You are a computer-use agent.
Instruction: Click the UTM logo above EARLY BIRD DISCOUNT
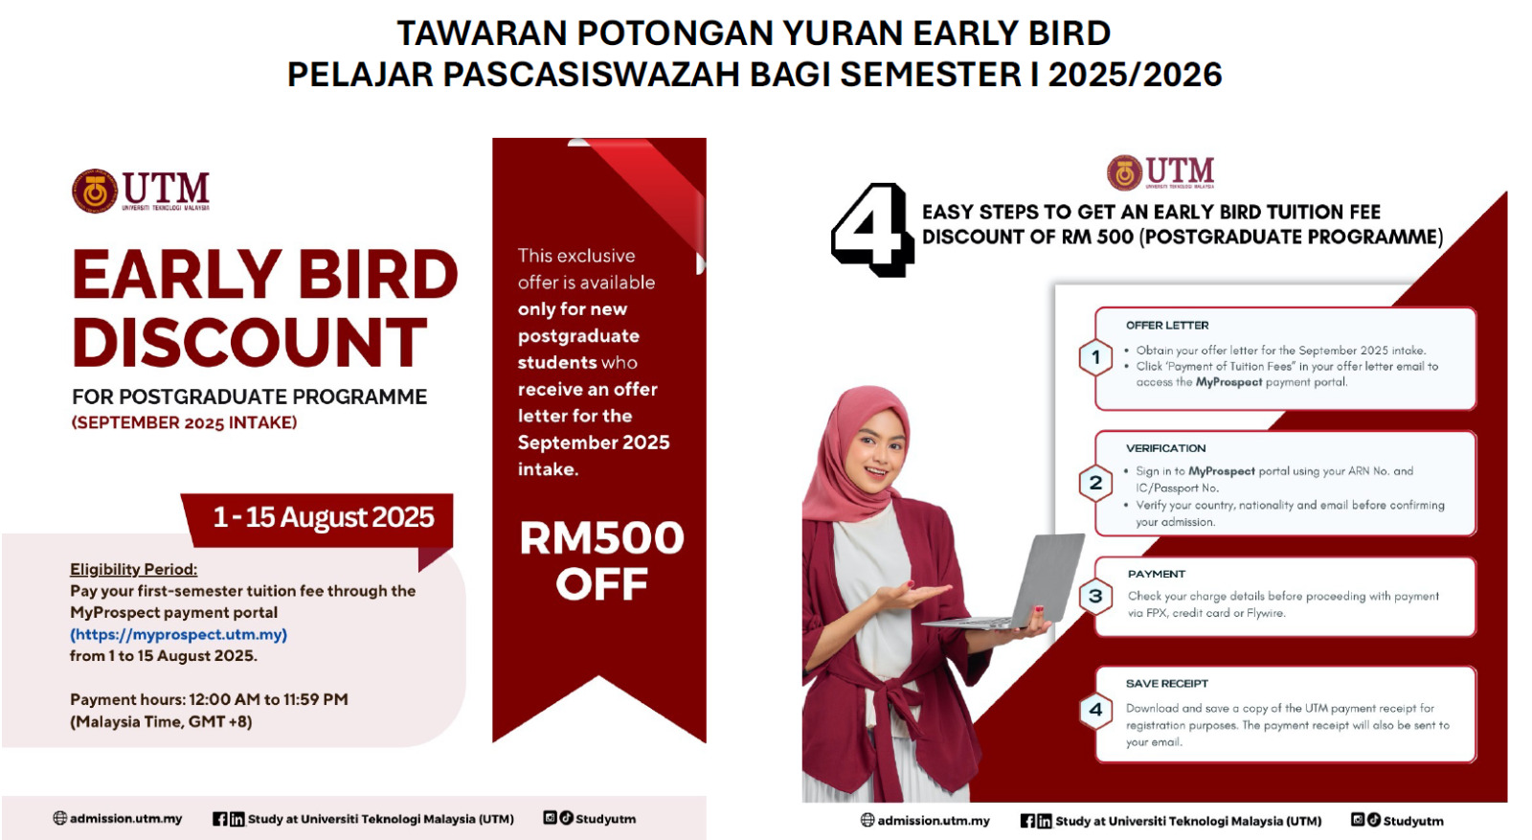141,191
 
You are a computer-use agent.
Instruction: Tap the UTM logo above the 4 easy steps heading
1160,172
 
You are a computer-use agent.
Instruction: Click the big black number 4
872,229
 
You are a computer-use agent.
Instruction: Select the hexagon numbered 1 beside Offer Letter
1095,357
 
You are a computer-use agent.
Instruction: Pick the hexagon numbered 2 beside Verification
1095,483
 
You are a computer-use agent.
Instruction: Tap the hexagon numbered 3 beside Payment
1095,596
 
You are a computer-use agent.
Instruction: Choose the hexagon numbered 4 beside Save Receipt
1095,710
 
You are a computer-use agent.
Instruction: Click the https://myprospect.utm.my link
178,634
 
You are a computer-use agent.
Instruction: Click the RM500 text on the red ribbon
601,538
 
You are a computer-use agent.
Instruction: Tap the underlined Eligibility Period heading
133,569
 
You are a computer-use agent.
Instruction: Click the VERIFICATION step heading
1165,448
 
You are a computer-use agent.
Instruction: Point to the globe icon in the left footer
60,818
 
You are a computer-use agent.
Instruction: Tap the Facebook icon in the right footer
1027,821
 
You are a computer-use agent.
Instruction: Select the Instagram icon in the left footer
550,817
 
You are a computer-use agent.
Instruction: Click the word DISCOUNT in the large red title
250,342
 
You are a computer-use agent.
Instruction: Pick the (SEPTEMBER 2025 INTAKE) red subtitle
185,422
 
